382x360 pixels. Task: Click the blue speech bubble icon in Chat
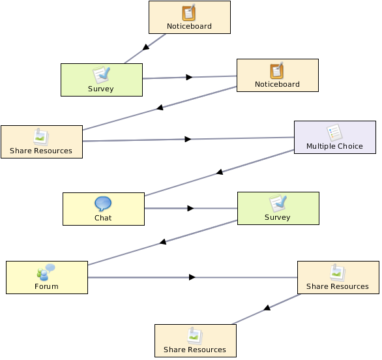click(103, 203)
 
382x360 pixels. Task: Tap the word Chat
click(103, 218)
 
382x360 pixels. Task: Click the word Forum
click(46, 286)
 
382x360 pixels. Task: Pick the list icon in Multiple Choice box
click(334, 132)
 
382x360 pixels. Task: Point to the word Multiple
click(321, 146)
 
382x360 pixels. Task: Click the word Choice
click(350, 146)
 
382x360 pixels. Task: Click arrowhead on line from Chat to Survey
click(190, 208)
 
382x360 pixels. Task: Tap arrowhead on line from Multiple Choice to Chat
click(220, 172)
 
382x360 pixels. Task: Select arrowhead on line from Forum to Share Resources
click(192, 277)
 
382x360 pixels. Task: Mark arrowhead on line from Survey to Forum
click(163, 241)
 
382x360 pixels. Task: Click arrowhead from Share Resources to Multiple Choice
click(188, 139)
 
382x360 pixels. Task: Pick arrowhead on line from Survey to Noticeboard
click(189, 77)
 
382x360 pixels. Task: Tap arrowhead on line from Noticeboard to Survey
click(145, 47)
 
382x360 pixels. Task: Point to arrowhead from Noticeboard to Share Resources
click(160, 107)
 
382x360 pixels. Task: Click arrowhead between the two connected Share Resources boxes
click(267, 308)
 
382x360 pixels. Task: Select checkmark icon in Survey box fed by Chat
click(278, 203)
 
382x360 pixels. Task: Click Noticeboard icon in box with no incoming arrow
click(189, 12)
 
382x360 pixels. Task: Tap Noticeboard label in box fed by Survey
click(277, 84)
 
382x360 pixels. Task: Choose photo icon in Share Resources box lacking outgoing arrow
click(195, 336)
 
